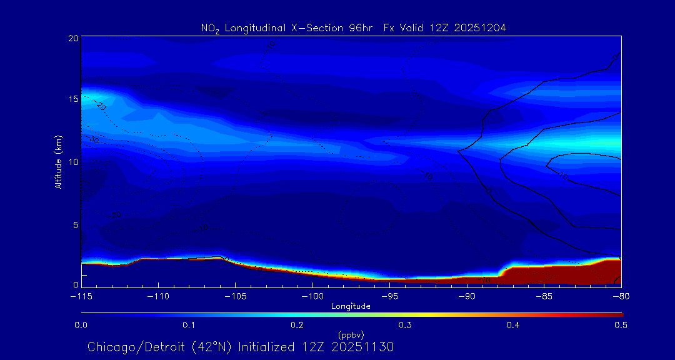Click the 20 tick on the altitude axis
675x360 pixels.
[72, 38]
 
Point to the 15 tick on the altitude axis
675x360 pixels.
[72, 99]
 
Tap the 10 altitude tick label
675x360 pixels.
[72, 162]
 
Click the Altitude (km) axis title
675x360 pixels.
[58, 162]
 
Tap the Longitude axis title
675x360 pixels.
[351, 306]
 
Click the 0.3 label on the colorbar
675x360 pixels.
[405, 325]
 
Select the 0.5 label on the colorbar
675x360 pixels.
[621, 325]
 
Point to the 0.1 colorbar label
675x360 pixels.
[189, 325]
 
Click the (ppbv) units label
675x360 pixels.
[351, 334]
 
